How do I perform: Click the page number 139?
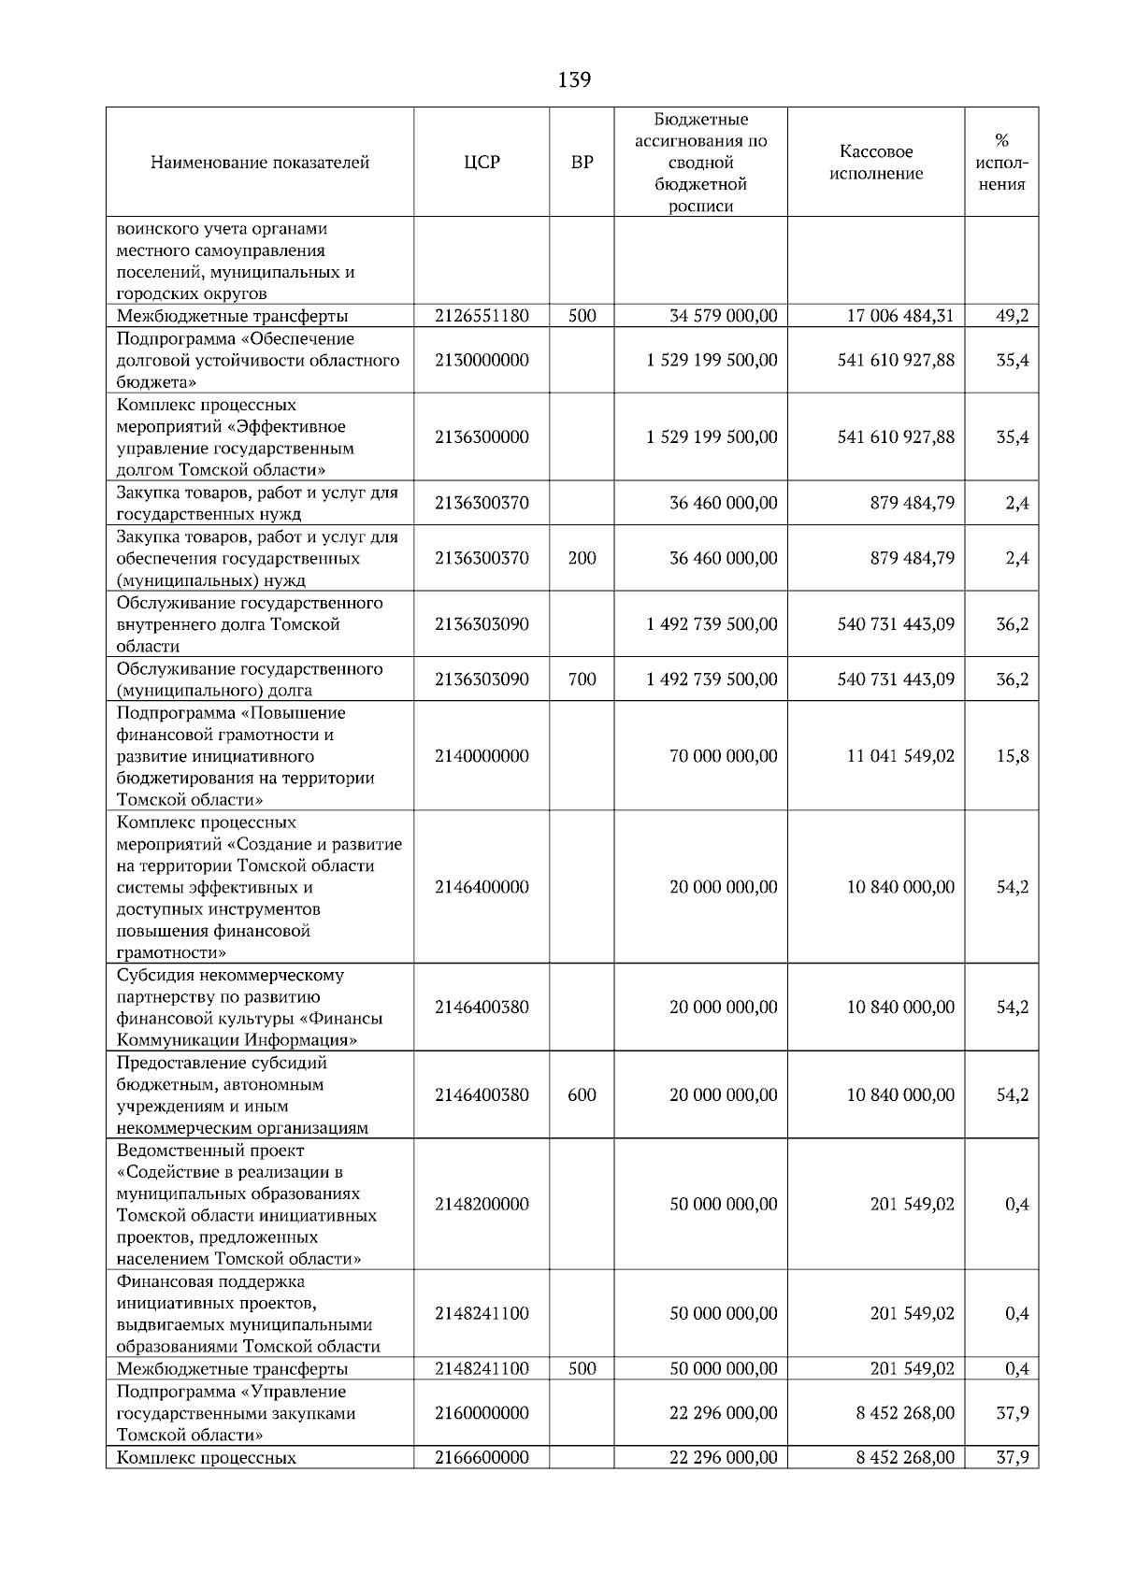[x=574, y=80]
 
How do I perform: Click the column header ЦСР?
[x=482, y=163]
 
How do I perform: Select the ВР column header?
[x=582, y=163]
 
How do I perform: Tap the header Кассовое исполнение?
[x=876, y=163]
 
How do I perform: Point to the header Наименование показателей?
[x=260, y=163]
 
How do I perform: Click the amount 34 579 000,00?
[x=723, y=316]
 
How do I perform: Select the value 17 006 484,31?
[x=899, y=316]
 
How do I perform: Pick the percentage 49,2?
[x=1012, y=316]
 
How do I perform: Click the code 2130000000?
[x=482, y=360]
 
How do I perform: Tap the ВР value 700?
[x=582, y=679]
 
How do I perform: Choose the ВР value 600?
[x=582, y=1094]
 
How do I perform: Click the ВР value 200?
[x=582, y=558]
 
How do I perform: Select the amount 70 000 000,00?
[x=723, y=756]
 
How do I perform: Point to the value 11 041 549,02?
[x=900, y=756]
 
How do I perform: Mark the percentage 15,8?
[x=1012, y=756]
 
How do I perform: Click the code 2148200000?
[x=482, y=1204]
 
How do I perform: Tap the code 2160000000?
[x=482, y=1413]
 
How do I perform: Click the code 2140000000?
[x=482, y=756]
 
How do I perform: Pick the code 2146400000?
[x=482, y=887]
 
